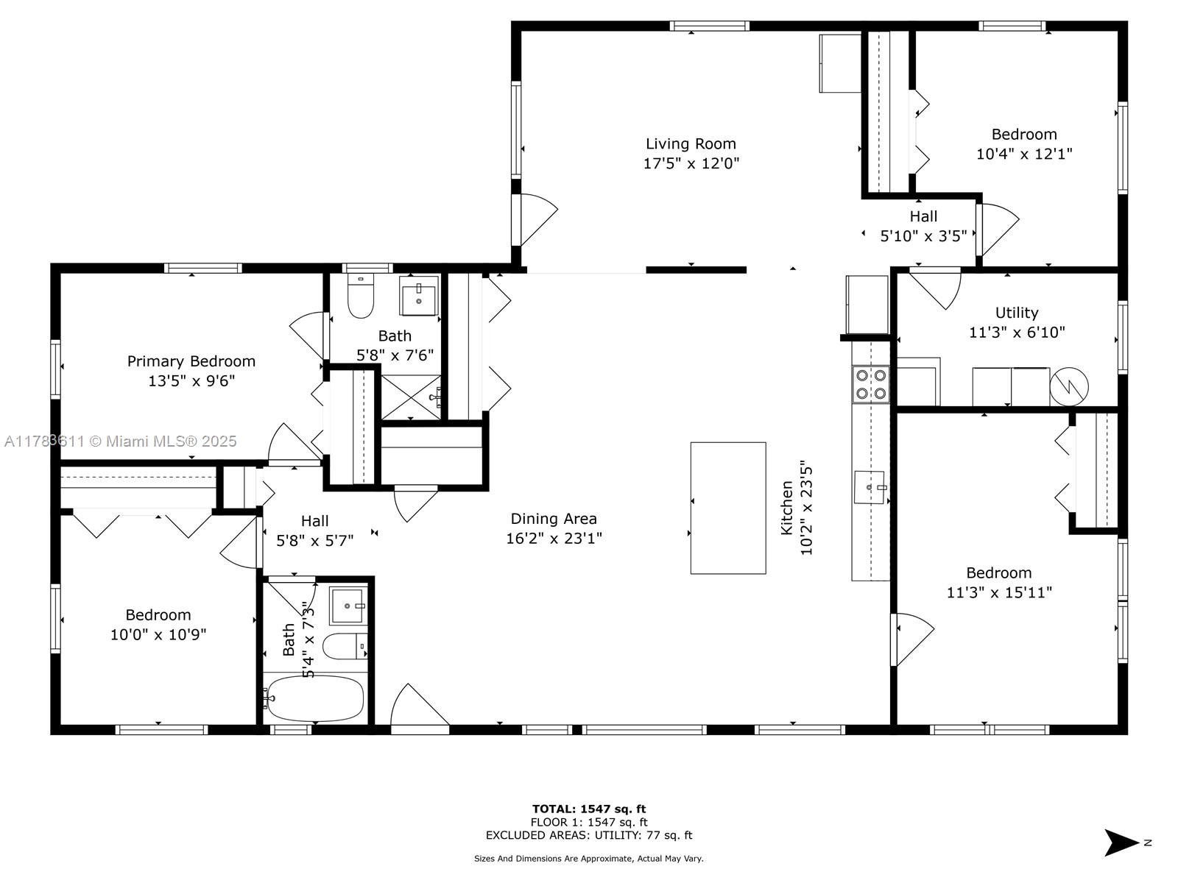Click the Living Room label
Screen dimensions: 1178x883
[x=690, y=143]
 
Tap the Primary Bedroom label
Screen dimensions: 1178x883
[x=191, y=361]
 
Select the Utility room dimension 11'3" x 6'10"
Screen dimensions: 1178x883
[x=1017, y=333]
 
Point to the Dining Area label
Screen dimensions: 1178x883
[x=554, y=519]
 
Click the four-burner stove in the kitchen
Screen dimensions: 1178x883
[x=870, y=384]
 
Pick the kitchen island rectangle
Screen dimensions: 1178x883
[x=727, y=508]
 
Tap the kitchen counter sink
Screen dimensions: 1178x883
[x=870, y=487]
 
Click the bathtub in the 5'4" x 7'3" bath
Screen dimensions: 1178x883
[x=315, y=698]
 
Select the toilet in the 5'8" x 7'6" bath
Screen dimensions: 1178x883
[x=360, y=296]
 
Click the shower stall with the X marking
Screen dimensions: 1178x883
[x=411, y=397]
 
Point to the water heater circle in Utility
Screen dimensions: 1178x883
[x=1069, y=386]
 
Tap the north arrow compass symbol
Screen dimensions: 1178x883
[x=1121, y=843]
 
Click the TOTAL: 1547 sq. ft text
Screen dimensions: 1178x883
[x=589, y=809]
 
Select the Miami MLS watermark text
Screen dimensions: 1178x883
[x=120, y=441]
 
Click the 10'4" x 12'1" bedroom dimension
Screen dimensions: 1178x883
[x=1024, y=154]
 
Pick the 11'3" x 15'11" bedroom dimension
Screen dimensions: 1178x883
[x=999, y=592]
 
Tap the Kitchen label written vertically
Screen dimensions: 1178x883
[x=786, y=507]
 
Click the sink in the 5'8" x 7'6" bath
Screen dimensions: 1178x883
[x=419, y=296]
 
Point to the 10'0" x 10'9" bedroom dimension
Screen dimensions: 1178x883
[x=158, y=635]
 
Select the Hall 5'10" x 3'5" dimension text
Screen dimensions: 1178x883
[x=923, y=236]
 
